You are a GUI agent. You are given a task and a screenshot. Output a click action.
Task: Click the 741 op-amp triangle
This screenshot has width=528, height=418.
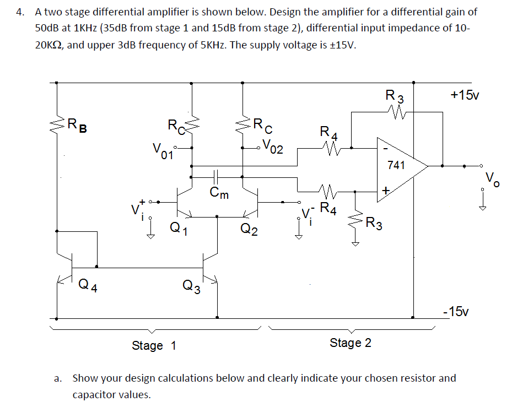[x=400, y=165]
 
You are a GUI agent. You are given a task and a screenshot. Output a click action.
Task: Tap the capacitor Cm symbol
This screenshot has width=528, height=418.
[x=216, y=177]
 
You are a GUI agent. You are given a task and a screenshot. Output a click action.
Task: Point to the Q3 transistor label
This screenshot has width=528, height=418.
[x=192, y=286]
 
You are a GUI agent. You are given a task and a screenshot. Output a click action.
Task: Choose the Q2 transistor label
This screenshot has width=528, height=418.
[x=249, y=229]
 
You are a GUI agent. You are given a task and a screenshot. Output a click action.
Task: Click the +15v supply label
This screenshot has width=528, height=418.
[x=464, y=95]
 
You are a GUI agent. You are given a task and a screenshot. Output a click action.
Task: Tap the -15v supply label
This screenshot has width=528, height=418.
[x=457, y=311]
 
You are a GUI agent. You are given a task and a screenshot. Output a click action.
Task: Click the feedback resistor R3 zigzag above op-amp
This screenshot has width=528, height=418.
[x=397, y=113]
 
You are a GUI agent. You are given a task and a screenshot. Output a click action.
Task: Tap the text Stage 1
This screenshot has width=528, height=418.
[x=154, y=346]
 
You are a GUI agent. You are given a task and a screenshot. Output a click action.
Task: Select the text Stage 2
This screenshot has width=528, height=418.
[x=351, y=343]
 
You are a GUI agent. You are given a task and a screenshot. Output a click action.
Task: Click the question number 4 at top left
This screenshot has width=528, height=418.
[x=20, y=11]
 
